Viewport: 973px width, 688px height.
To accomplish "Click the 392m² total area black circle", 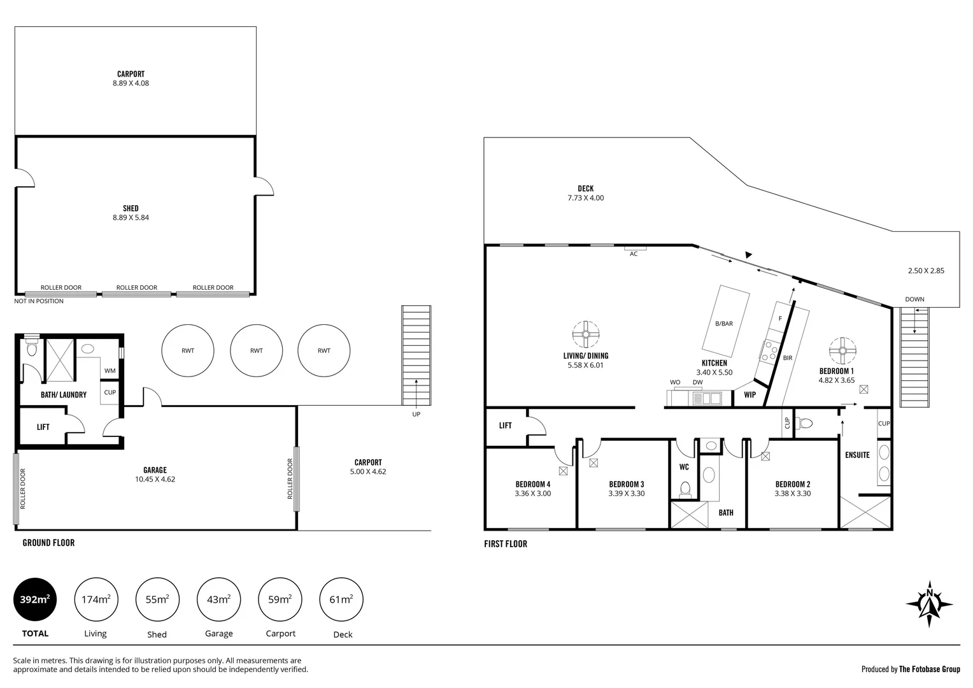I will (35, 599).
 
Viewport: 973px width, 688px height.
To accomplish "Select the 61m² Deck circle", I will (341, 599).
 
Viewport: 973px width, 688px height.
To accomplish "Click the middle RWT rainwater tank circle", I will (256, 350).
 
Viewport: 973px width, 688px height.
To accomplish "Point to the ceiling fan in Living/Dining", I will (585, 333).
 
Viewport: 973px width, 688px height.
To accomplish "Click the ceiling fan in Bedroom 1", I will (842, 350).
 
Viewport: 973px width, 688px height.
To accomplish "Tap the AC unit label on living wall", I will (634, 254).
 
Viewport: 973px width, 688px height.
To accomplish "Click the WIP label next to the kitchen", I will (750, 395).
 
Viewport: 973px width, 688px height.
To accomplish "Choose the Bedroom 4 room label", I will (532, 484).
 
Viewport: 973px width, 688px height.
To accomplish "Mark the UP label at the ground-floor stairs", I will (416, 414).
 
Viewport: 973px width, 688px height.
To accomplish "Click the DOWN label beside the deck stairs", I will (914, 299).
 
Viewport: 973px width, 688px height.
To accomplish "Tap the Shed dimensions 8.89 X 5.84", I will (131, 217).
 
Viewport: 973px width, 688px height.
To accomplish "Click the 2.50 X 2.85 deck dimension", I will (926, 271).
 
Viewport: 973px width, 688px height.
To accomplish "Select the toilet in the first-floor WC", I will (685, 488).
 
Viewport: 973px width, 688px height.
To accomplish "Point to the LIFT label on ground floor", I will (43, 427).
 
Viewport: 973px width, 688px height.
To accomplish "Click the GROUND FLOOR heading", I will (48, 543).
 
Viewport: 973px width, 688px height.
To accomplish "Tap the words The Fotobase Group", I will (929, 669).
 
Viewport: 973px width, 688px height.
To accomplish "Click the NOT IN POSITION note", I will (39, 301).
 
